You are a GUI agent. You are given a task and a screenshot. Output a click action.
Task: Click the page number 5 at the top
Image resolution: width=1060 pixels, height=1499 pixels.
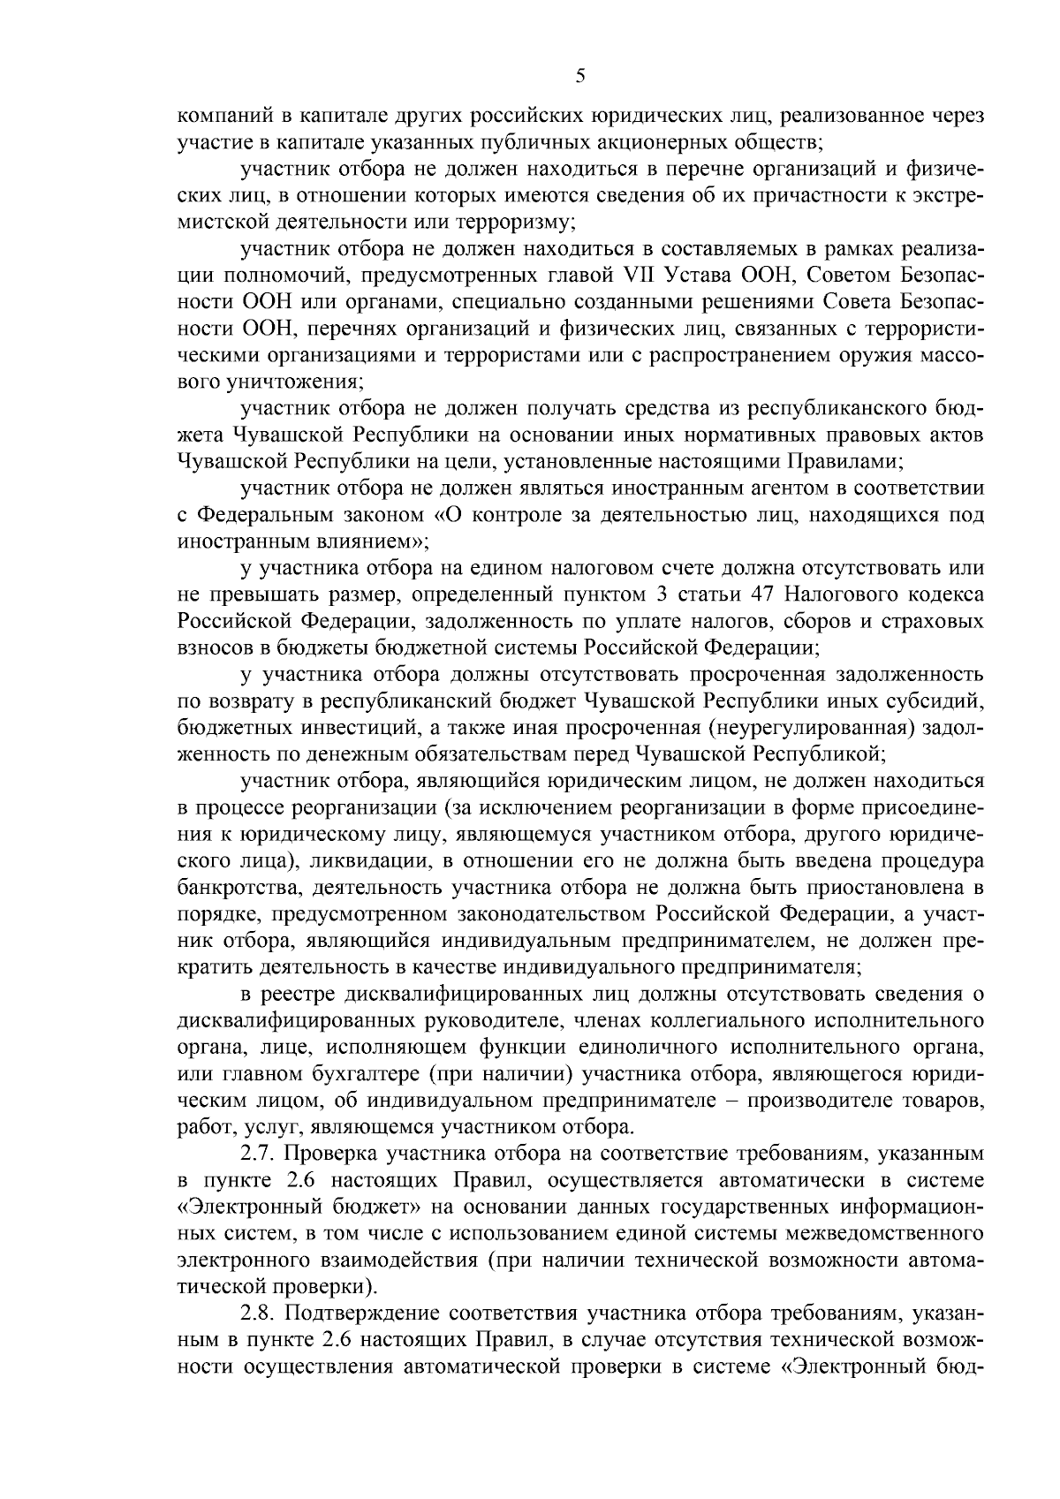pos(579,77)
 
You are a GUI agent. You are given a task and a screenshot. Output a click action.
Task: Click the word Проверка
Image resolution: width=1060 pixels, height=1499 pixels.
pos(329,1154)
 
